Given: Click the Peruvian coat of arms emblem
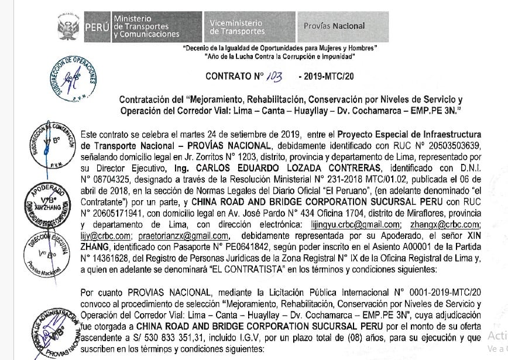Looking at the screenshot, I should (68, 26).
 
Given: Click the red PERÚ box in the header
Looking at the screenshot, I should (96, 26).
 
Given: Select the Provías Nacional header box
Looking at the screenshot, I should (335, 26).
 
